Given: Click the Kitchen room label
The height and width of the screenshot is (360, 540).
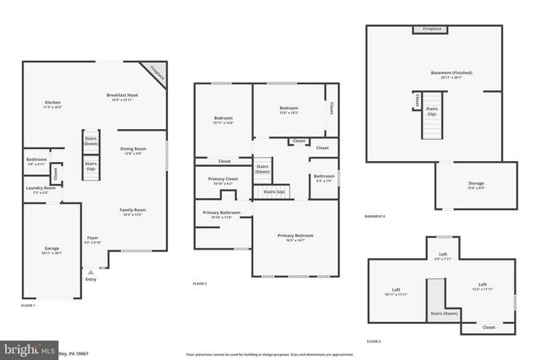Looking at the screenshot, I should tap(52, 103).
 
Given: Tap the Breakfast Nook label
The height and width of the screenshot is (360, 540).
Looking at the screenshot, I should tap(121, 95).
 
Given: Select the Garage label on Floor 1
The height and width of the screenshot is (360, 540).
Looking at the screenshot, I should tap(51, 249).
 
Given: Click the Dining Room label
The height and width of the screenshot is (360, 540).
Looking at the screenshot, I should tap(132, 148).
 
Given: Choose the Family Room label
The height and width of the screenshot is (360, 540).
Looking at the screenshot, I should tap(133, 210).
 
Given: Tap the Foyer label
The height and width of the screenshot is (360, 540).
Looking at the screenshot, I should tap(93, 238).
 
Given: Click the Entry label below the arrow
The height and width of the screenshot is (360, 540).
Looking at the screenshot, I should tap(90, 279).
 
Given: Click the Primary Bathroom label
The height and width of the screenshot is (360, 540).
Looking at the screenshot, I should tap(221, 212).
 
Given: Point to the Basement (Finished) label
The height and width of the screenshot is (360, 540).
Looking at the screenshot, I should tap(441, 73).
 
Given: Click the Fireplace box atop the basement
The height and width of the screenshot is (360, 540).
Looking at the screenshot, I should tap(431, 30).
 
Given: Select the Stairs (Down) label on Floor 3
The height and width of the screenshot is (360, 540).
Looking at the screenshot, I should tap(444, 313).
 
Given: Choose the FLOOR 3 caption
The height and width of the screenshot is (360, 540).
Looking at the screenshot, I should tap(374, 341).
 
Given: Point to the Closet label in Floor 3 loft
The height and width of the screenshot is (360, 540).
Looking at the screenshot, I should tap(489, 327).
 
